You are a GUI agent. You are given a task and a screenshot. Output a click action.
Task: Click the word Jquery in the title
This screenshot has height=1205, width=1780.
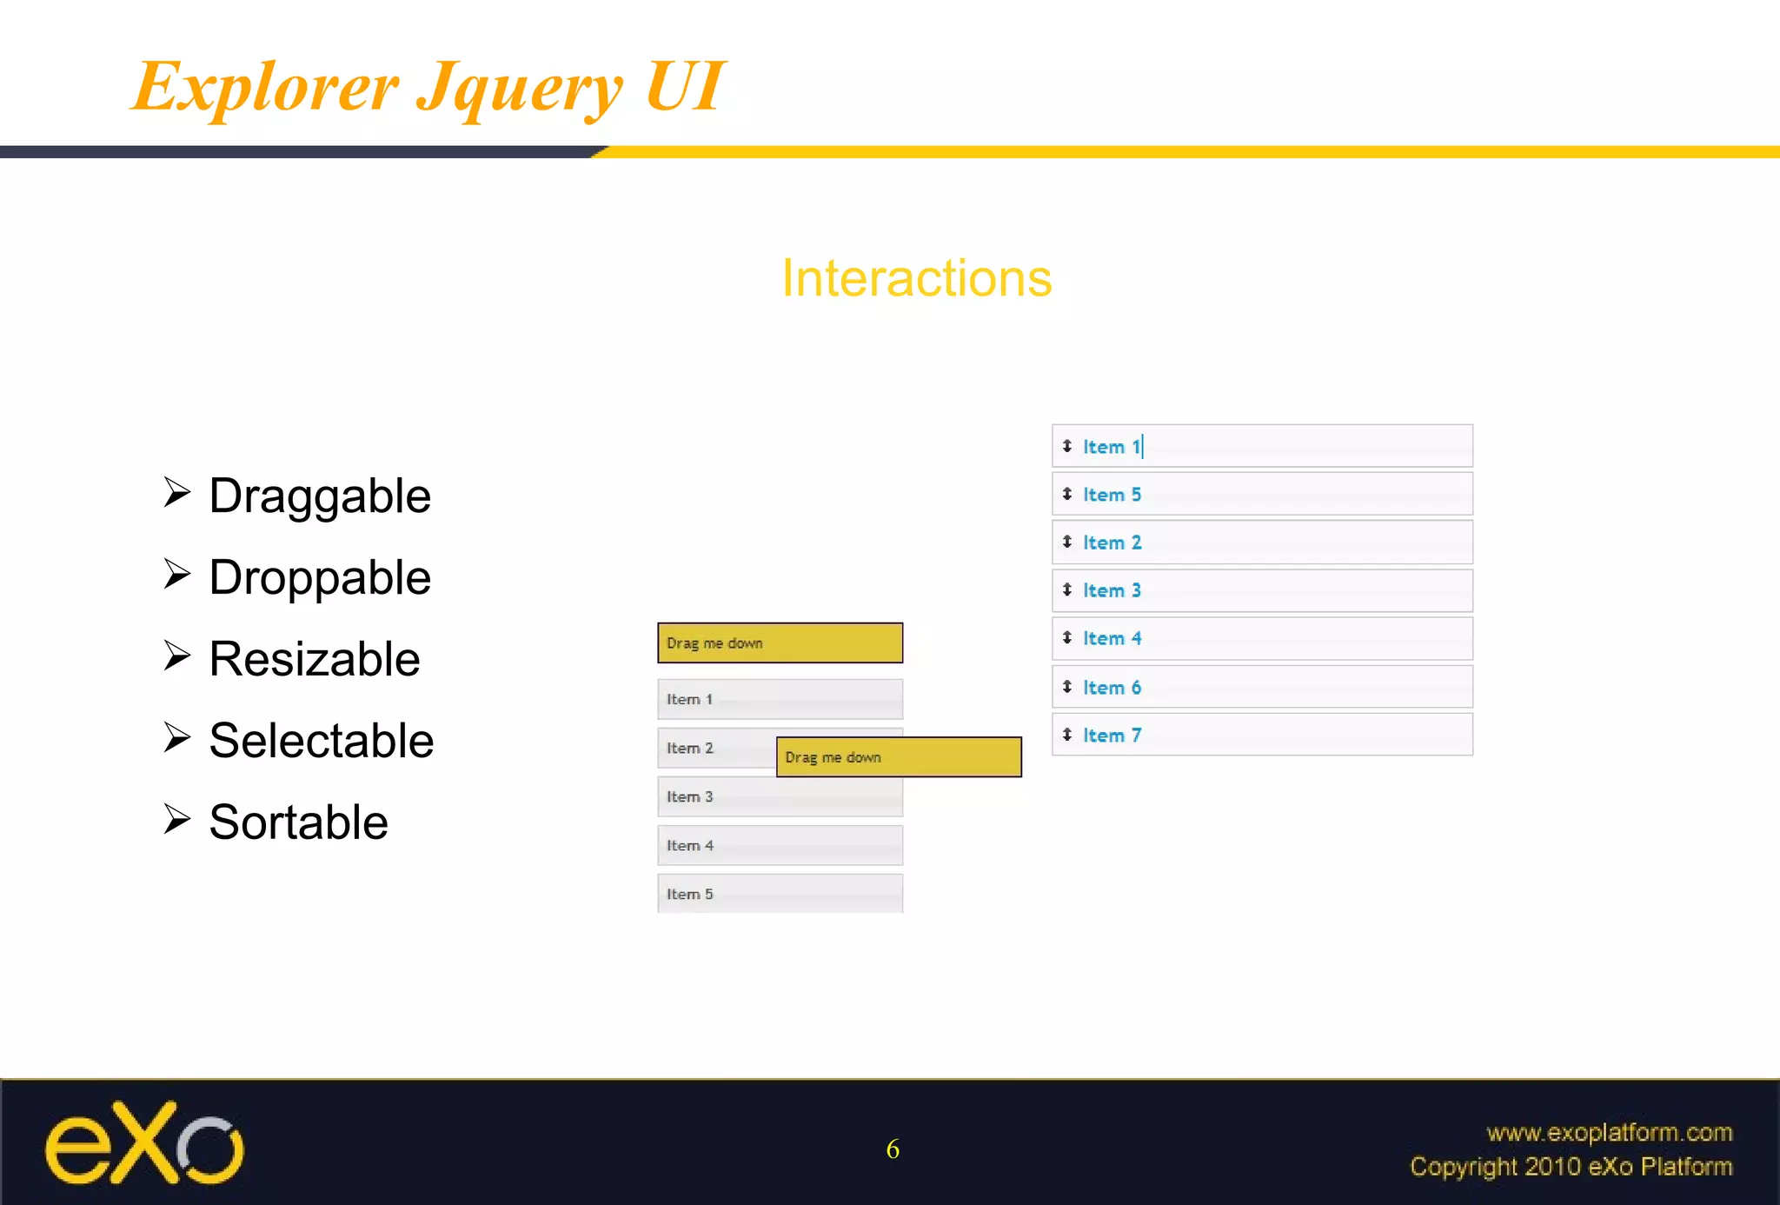pos(519,89)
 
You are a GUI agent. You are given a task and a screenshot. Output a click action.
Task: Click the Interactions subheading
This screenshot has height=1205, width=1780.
pos(916,278)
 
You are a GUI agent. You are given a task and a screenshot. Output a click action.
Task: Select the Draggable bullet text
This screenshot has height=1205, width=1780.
pos(319,496)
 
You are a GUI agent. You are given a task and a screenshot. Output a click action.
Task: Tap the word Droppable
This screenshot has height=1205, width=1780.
pos(319,577)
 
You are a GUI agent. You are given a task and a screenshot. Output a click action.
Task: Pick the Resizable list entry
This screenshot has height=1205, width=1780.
pos(314,659)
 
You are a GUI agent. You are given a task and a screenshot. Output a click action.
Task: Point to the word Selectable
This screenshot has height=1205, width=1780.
pos(321,741)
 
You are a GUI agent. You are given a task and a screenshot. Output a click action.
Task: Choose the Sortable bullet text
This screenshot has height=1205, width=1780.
pos(298,822)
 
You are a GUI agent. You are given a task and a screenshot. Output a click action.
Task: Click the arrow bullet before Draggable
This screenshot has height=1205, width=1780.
pos(176,492)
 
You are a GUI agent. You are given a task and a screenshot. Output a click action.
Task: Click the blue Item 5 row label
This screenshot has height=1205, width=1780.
pos(1111,495)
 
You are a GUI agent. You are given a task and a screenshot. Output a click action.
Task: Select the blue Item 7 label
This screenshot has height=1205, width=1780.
pos(1111,736)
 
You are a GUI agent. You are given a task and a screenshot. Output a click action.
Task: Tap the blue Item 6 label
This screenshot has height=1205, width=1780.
pos(1111,688)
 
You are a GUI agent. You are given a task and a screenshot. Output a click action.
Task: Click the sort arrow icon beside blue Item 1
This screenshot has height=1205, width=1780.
pos(1066,446)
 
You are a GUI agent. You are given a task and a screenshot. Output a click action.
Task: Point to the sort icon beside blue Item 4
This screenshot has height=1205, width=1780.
pos(1066,638)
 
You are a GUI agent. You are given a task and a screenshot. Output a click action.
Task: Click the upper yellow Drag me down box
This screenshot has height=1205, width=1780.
pos(780,643)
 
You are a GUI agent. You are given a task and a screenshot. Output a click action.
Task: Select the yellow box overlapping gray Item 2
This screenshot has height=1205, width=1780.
pos(898,757)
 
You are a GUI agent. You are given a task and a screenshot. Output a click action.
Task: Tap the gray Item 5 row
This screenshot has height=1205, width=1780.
pos(780,894)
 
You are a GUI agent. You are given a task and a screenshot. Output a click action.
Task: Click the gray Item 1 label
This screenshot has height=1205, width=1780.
pos(689,699)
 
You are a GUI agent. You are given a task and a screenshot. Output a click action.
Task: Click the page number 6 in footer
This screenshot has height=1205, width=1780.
pos(893,1149)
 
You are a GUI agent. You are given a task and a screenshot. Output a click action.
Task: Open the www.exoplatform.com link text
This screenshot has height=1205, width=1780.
pos(1609,1132)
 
